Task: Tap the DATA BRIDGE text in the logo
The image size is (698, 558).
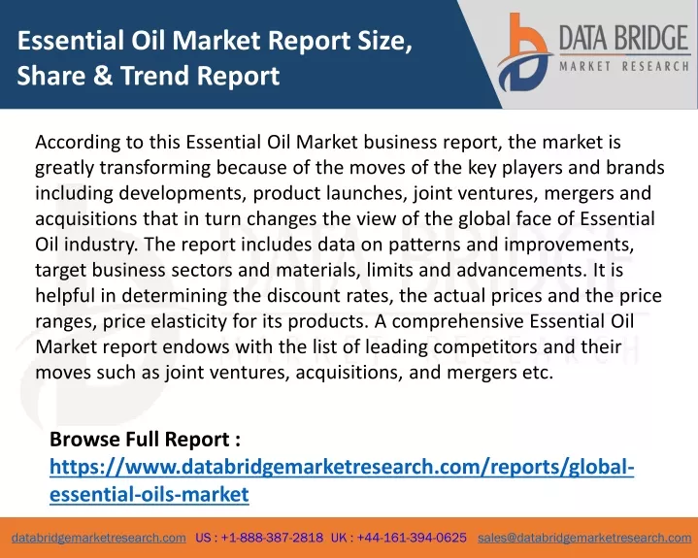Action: click(624, 38)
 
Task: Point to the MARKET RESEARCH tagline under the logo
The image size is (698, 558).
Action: click(624, 66)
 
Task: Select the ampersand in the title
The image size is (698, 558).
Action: click(103, 75)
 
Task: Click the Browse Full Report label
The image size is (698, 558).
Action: click(145, 440)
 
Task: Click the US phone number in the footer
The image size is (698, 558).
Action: click(259, 538)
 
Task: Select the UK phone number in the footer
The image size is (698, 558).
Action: click(399, 538)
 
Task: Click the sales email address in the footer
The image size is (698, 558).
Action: click(584, 538)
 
